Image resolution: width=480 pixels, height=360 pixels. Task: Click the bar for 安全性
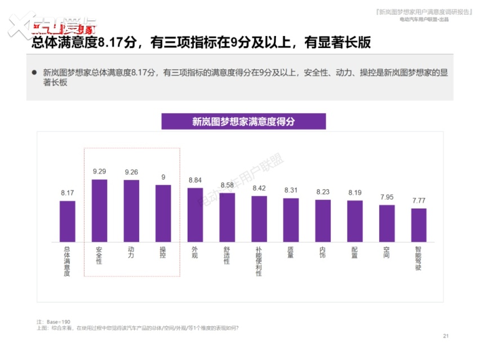pyautogui.click(x=99, y=210)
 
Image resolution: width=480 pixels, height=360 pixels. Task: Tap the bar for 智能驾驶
pyautogui.click(x=419, y=225)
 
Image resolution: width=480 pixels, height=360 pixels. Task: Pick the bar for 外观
pyautogui.click(x=195, y=215)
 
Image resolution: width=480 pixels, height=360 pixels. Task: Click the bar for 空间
pyautogui.click(x=386, y=223)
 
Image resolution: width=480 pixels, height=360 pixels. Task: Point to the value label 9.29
pyautogui.click(x=99, y=171)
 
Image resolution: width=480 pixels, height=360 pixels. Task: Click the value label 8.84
pyautogui.click(x=195, y=180)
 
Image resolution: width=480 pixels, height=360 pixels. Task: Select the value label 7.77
pyautogui.click(x=419, y=201)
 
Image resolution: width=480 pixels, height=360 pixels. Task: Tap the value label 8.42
pyautogui.click(x=259, y=188)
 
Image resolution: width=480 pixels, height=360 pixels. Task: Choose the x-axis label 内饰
pyautogui.click(x=323, y=252)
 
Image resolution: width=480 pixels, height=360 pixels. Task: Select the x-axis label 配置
pyautogui.click(x=355, y=252)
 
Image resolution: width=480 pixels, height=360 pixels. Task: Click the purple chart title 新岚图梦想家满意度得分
pyautogui.click(x=243, y=121)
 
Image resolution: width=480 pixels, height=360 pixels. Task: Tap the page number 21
pyautogui.click(x=446, y=336)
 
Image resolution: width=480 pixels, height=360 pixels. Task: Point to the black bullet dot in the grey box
pyautogui.click(x=34, y=73)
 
